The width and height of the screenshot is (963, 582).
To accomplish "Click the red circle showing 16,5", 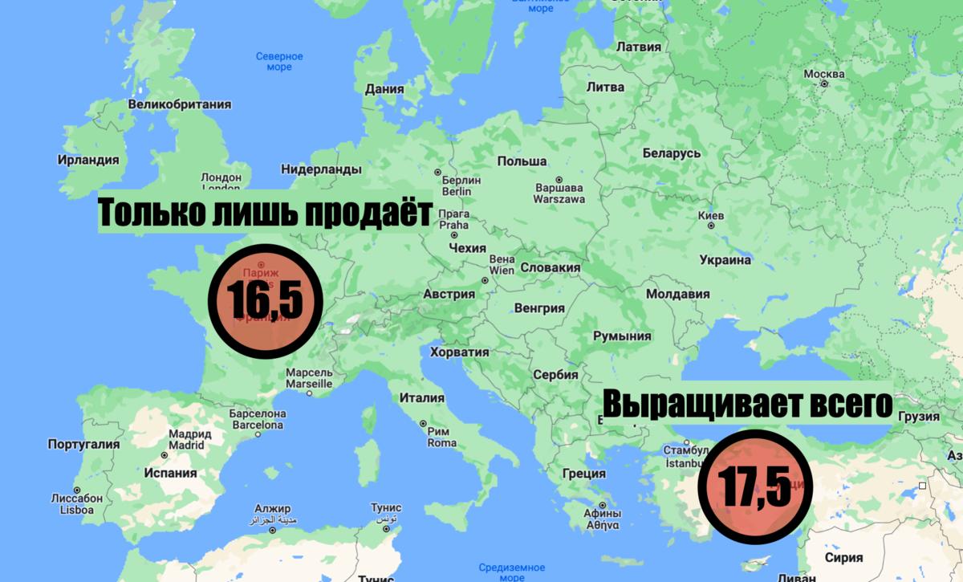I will point(266,301).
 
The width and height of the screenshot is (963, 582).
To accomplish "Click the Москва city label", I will point(824,75).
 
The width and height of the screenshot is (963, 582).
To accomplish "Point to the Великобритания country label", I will point(179,104).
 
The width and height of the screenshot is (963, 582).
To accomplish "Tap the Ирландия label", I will point(88,160).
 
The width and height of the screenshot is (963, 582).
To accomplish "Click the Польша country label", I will point(522,162).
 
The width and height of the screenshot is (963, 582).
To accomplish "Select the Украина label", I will point(725,259).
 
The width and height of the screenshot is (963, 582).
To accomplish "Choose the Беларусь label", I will point(672,153).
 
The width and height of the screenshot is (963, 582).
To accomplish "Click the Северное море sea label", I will point(279,62).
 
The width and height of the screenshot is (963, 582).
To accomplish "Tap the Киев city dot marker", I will point(711,226).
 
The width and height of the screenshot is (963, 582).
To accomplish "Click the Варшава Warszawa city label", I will point(559,193).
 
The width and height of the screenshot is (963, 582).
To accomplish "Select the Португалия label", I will point(83,444).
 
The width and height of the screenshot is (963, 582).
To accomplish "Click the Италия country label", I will point(422,397).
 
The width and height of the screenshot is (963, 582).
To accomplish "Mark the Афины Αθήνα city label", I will point(602,519).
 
